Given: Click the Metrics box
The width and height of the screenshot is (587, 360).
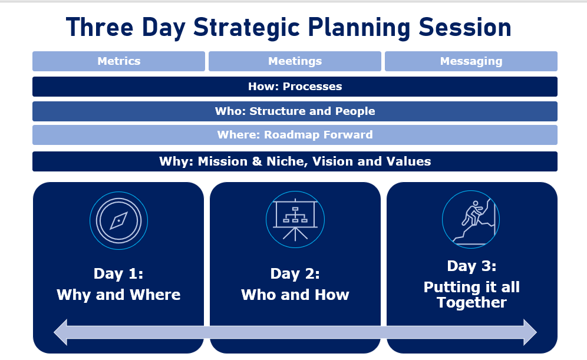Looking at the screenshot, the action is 118,61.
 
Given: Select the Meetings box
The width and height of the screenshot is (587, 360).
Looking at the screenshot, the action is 295,61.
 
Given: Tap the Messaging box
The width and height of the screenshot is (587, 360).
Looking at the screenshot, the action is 471,61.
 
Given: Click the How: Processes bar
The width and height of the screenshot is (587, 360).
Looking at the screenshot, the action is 295,87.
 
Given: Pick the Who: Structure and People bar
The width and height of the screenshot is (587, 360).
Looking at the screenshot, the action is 295,111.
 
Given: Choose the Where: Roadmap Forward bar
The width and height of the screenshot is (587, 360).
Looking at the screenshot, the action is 295,135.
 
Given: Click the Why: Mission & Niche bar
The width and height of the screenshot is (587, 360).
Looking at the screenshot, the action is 295,161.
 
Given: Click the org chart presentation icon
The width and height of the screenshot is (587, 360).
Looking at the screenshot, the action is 295,220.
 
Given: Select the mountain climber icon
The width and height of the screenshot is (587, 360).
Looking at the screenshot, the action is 471,219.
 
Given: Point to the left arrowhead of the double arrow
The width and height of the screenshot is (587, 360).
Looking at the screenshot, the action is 61,332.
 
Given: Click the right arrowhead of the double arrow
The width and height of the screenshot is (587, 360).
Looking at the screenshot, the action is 530,332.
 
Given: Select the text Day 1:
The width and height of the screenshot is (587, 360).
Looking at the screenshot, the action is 118,274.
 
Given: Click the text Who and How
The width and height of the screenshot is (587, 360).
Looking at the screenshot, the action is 295,295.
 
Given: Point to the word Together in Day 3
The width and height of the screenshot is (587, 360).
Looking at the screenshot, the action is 471,303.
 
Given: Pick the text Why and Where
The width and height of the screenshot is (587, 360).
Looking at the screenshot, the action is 118,295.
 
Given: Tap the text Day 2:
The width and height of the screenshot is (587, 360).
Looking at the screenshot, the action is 295,274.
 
